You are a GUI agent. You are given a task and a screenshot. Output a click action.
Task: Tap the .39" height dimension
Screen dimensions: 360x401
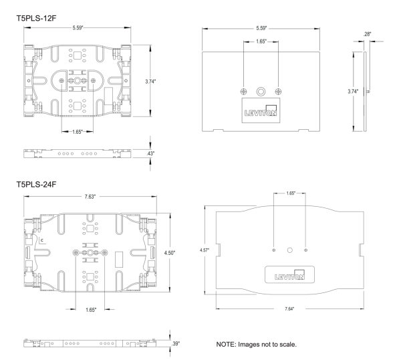click(x=174, y=343)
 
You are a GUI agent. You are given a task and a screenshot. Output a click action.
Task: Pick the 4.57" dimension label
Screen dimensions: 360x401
click(x=205, y=250)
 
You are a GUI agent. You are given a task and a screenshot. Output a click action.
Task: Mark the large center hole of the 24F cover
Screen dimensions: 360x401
click(x=290, y=250)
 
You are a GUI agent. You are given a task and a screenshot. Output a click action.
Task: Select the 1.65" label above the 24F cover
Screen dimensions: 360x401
click(x=290, y=193)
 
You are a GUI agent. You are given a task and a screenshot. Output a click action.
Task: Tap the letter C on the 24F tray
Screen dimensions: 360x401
click(x=41, y=239)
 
